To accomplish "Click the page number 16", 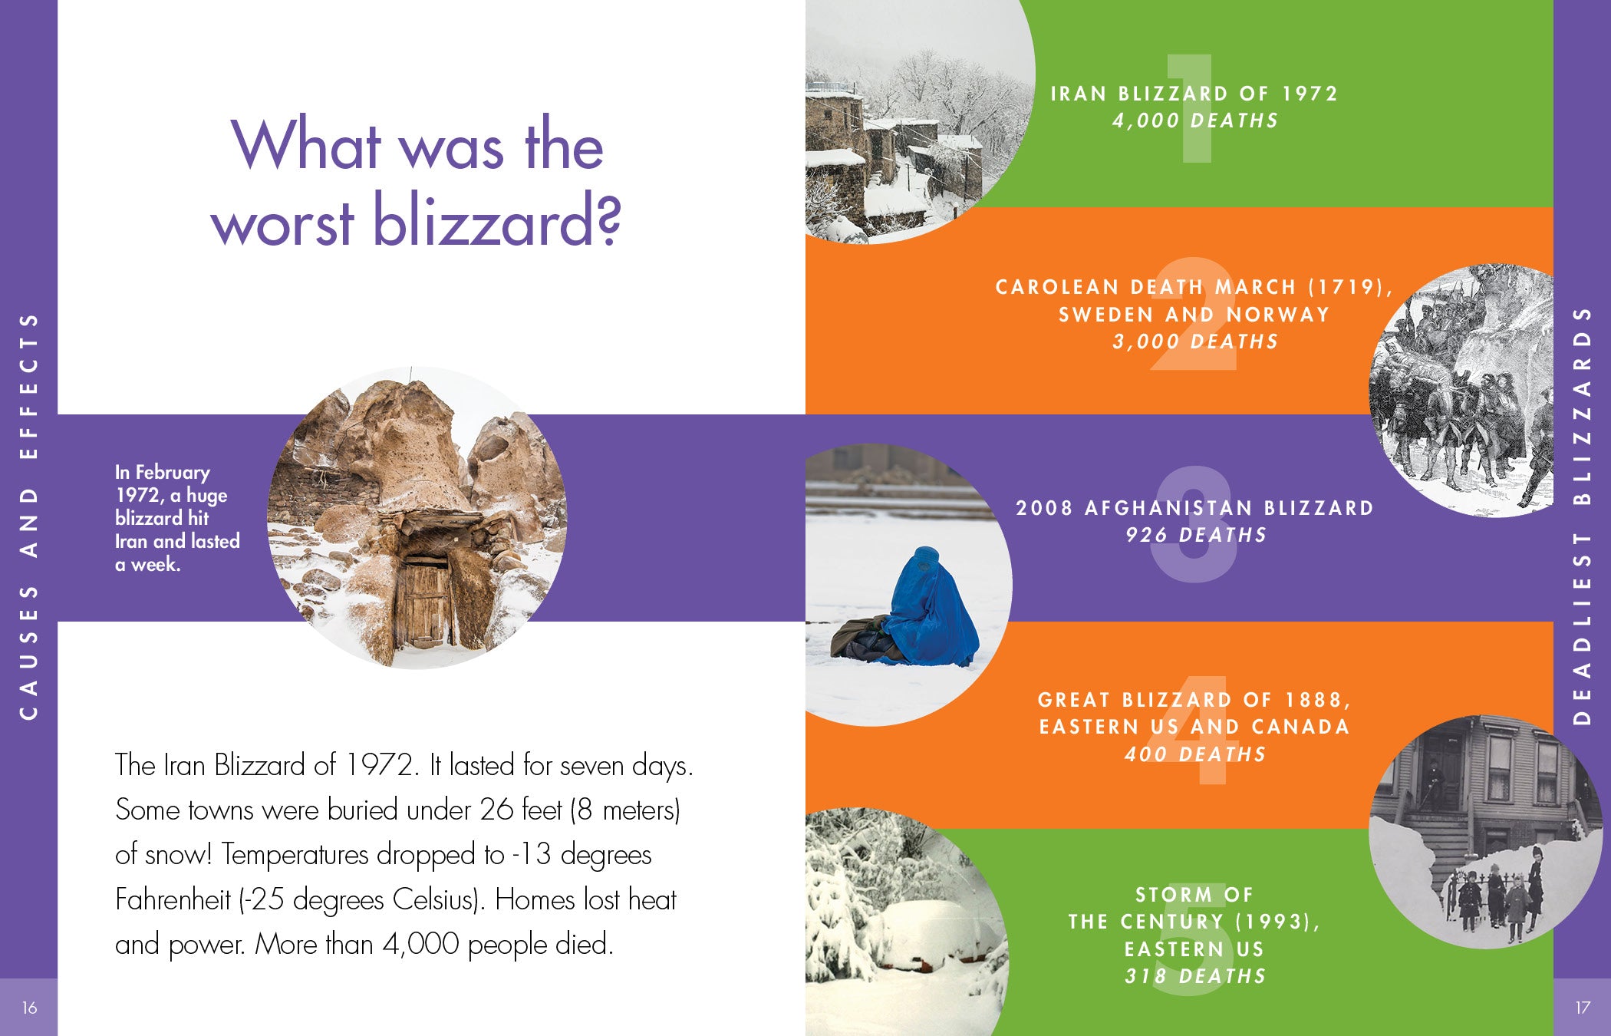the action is [29, 1008].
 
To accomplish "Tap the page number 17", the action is [1582, 1008].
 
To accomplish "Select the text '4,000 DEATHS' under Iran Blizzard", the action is [1195, 120].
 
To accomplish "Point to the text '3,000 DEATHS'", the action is [1195, 341].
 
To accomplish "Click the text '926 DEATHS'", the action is [1195, 535].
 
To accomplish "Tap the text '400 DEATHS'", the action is [1195, 754].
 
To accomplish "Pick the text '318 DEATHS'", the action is [1195, 976].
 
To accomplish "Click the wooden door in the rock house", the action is [423, 603].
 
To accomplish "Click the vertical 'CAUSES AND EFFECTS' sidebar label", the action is [29, 516].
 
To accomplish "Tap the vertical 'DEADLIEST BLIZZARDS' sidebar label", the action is [1582, 516].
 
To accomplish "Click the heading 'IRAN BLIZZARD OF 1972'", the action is [1194, 94].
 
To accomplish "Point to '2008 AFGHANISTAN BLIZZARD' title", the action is [1194, 508].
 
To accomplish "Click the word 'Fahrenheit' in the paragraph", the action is [173, 900].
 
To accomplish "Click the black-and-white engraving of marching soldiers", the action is [1461, 391].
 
